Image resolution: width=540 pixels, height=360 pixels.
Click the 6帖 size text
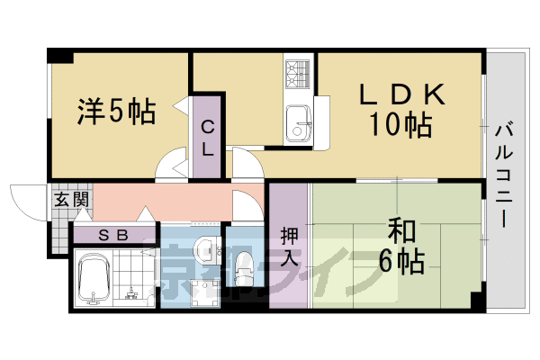(x=401, y=262)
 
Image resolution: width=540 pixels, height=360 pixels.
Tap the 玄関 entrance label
(x=69, y=200)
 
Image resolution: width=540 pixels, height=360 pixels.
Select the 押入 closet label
(x=288, y=246)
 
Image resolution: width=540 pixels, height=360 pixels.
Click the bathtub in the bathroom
(x=92, y=278)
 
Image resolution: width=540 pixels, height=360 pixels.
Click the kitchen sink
(x=298, y=121)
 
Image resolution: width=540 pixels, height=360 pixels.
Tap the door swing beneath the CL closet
(x=171, y=167)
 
